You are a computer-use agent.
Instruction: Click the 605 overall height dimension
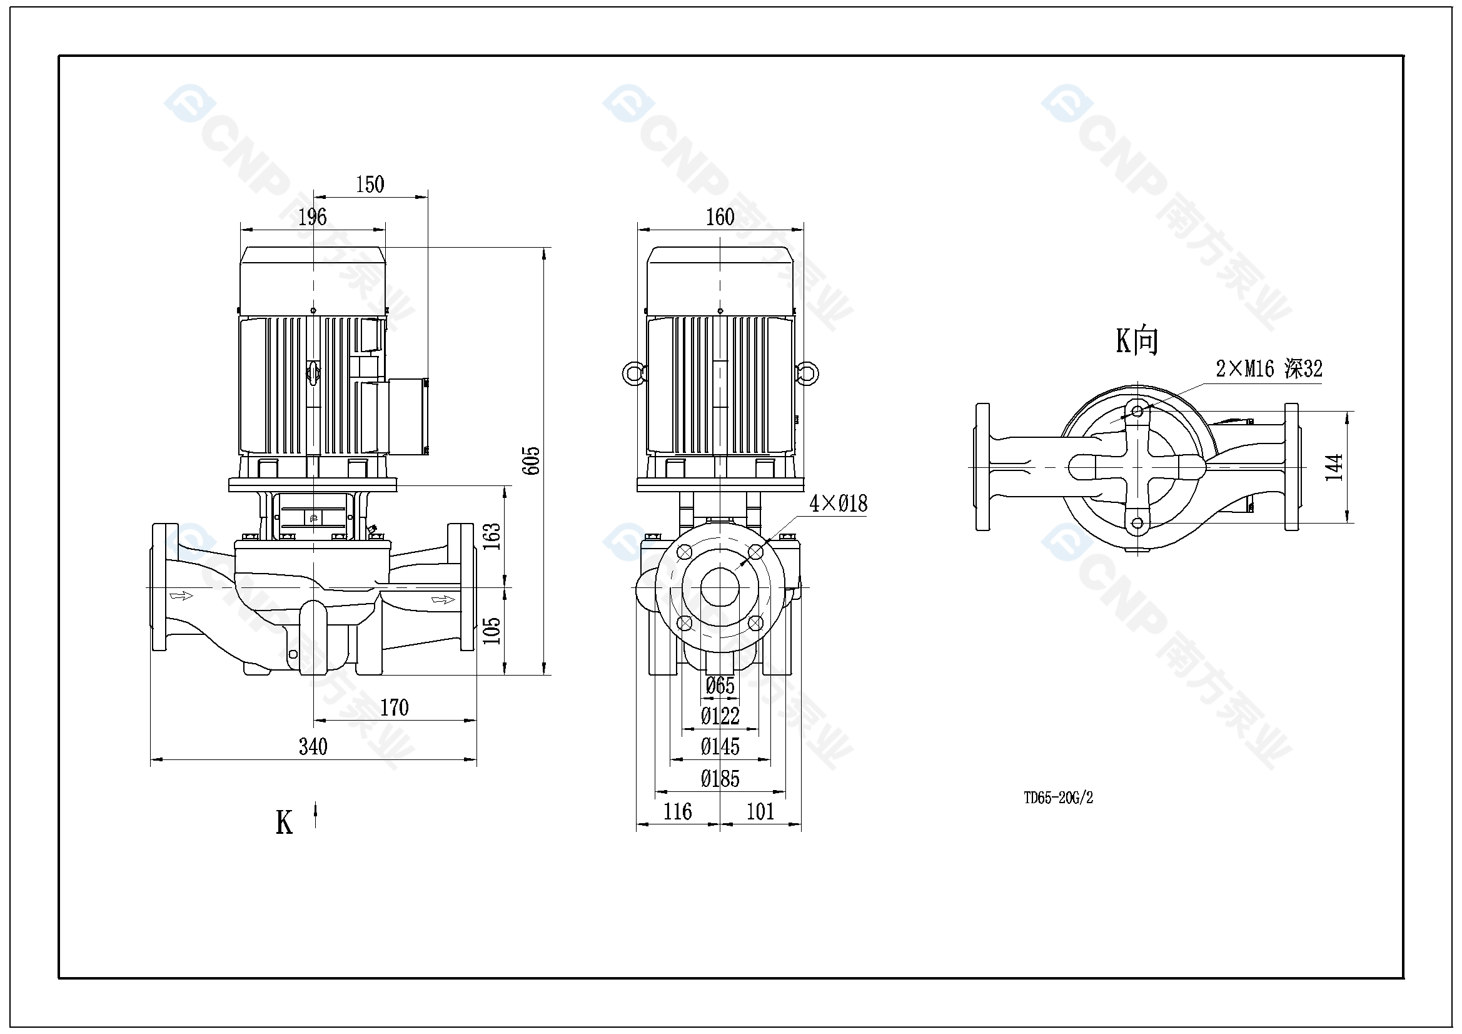[x=531, y=460]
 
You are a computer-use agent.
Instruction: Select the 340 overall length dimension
[x=313, y=747]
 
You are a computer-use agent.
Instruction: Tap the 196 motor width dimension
[x=313, y=217]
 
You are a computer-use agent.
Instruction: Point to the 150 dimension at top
[x=370, y=185]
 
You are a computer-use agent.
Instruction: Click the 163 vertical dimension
[x=492, y=537]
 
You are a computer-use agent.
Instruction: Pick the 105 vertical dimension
[x=492, y=631]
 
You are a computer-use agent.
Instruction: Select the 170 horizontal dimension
[x=394, y=708]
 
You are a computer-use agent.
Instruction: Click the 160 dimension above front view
[x=720, y=217]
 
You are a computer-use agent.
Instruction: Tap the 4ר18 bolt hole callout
[x=838, y=504]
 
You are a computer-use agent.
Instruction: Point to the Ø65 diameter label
[x=720, y=686]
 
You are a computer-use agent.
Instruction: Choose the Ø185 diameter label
[x=720, y=779]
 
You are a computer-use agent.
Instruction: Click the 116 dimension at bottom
[x=677, y=812]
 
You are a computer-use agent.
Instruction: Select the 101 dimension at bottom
[x=760, y=812]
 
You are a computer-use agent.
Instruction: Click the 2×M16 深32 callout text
[x=1269, y=369]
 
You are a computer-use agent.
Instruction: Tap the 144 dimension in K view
[x=1334, y=467]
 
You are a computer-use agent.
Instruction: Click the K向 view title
[x=1137, y=341]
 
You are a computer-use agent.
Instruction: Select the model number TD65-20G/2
[x=1058, y=798]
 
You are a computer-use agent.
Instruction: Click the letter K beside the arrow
[x=284, y=823]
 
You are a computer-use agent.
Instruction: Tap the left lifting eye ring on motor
[x=633, y=373]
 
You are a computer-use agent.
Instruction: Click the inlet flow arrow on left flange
[x=181, y=596]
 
